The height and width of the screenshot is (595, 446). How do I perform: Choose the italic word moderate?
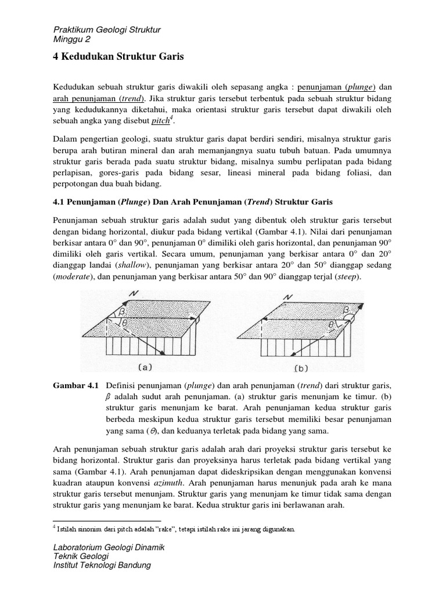tap(74, 277)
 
